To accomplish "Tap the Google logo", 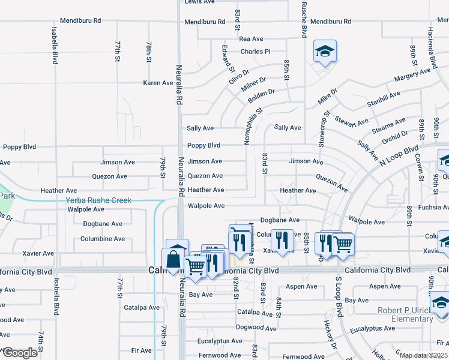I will click(20, 353).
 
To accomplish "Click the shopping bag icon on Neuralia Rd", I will click(173, 260).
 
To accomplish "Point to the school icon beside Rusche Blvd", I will click(324, 52).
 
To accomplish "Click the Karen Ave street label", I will click(158, 83).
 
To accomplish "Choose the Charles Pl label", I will click(256, 52).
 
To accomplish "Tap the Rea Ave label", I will click(252, 38).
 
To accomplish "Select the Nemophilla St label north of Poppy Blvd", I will click(253, 123).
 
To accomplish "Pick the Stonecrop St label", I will click(324, 129).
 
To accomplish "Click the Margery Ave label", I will click(412, 76).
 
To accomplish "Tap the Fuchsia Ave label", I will click(429, 208).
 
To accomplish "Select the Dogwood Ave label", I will click(256, 328).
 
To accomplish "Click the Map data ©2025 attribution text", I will click(423, 355).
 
